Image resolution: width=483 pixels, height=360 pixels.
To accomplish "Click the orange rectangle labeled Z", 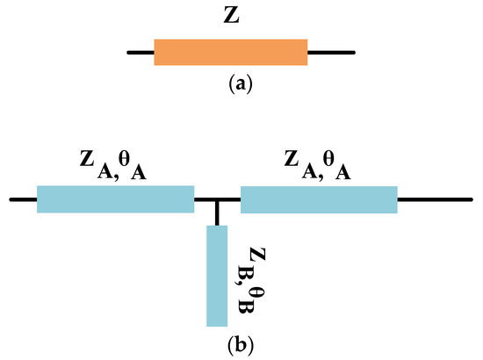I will tap(230, 52).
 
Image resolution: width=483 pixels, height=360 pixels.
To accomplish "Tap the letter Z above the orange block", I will tap(231, 17).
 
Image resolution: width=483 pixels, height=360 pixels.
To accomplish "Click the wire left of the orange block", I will tap(141, 52).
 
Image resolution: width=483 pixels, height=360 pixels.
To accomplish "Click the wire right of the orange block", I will tap(331, 52).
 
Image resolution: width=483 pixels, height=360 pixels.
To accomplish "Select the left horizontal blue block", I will tap(115, 199).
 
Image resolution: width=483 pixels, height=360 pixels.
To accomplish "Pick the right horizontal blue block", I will tap(319, 199).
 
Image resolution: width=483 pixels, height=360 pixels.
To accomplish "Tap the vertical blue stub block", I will tap(217, 276).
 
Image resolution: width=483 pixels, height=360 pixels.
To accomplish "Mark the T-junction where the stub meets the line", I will tap(217, 200).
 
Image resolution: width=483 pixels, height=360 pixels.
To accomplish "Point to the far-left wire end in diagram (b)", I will tap(12, 200).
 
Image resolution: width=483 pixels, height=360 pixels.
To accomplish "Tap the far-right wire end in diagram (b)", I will tap(470, 200).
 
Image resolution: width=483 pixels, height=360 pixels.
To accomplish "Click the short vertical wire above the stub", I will tap(217, 213).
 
